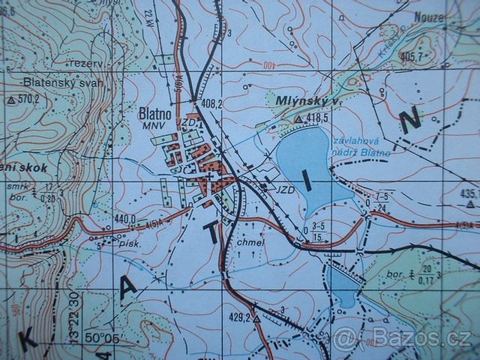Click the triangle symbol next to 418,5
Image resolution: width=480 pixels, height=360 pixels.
(x=298, y=119)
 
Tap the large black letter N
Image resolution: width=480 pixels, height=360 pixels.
(x=410, y=120)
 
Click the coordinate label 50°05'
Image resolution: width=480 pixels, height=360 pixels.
(x=101, y=338)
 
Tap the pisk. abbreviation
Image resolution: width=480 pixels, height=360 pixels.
(x=121, y=243)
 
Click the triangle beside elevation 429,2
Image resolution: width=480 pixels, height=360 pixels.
(x=256, y=319)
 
